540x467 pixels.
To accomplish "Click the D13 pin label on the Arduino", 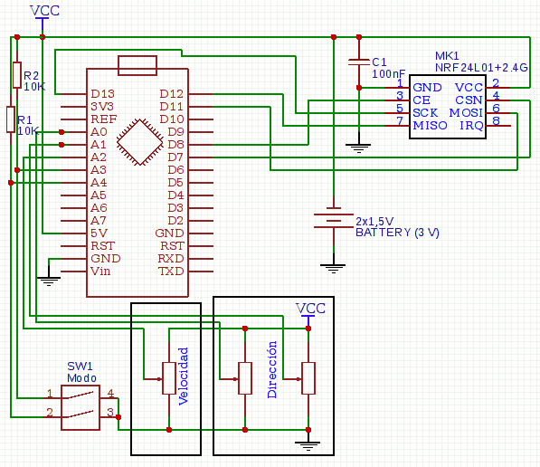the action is pyautogui.click(x=102, y=94).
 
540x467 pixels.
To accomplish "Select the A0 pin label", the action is pyautogui.click(x=99, y=132).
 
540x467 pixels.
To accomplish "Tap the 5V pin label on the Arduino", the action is pyautogui.click(x=99, y=233).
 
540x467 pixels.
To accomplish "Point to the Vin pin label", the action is pyautogui.click(x=100, y=272).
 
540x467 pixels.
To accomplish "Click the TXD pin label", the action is pyautogui.click(x=171, y=272).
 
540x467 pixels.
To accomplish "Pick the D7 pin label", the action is pyautogui.click(x=175, y=157).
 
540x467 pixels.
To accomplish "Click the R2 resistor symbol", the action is pyautogui.click(x=17, y=75).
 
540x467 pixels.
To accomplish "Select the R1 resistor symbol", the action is pyautogui.click(x=11, y=119).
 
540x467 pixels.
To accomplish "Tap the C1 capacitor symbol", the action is pyautogui.click(x=359, y=62).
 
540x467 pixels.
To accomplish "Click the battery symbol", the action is pyautogui.click(x=334, y=217).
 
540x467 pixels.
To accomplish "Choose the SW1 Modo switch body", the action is pyautogui.click(x=81, y=407).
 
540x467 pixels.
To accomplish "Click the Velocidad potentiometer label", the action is pyautogui.click(x=184, y=376).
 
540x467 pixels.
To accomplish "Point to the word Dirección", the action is pyautogui.click(x=272, y=369).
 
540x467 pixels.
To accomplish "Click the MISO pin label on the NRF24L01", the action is pyautogui.click(x=431, y=126).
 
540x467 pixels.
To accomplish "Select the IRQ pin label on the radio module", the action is pyautogui.click(x=471, y=126).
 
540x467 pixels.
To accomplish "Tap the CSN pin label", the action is pyautogui.click(x=469, y=100).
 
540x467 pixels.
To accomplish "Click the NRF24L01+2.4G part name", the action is pyautogui.click(x=481, y=68).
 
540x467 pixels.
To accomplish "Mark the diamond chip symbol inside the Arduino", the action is pyautogui.click(x=140, y=142).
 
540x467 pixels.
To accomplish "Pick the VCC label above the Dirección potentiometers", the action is pyautogui.click(x=310, y=308).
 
